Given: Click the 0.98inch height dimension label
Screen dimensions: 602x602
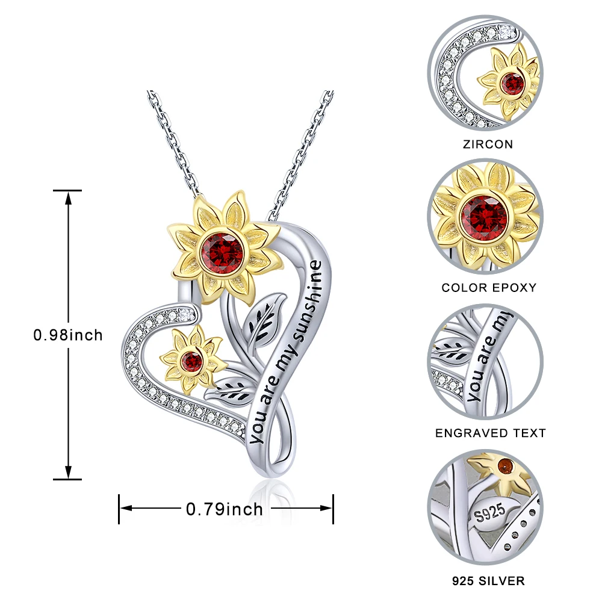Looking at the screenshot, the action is coord(68,335).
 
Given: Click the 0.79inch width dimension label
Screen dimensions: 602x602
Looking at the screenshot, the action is coord(225,509).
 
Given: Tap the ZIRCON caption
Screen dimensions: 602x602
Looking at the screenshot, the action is coord(488,144).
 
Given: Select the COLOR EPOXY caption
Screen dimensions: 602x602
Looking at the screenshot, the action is coord(489,288).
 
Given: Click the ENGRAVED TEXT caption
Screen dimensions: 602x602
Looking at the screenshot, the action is coord(491,433).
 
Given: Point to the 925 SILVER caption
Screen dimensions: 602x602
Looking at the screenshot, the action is coord(489,581).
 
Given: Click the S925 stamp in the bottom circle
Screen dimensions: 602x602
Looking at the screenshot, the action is coord(489,514).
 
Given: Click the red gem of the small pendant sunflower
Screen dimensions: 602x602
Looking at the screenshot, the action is coord(193,361).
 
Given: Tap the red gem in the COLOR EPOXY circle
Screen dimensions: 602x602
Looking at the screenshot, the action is coord(485,214).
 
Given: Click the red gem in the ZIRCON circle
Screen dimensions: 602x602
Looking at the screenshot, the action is coord(513,84).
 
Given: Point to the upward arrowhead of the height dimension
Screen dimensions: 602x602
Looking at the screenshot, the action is coord(68,196).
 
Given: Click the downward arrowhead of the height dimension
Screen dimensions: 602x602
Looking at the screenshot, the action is coord(68,474).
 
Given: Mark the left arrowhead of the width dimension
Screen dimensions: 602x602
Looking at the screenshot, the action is coord(125,509).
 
